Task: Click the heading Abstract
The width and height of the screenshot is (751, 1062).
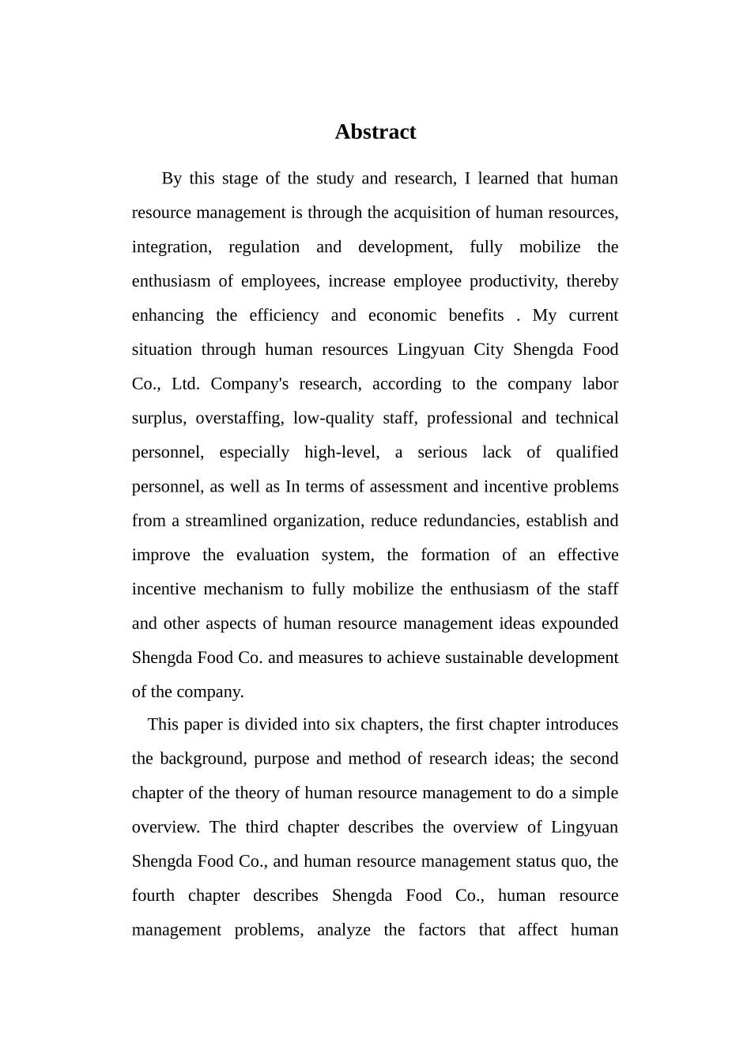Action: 375,132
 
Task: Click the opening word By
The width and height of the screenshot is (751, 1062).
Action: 172,179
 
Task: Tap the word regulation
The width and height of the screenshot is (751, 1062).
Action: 264,247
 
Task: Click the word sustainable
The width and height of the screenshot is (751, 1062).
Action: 485,657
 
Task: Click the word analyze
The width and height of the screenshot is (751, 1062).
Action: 343,930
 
